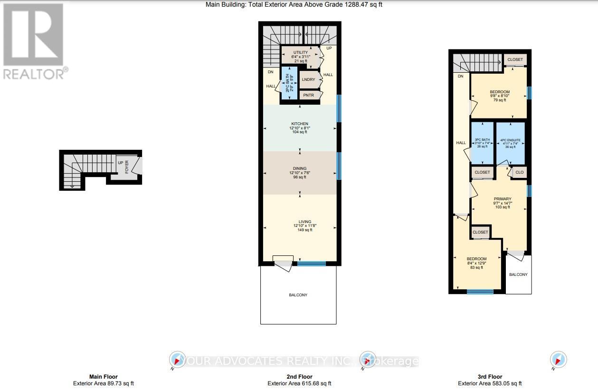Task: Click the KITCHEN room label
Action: [x=299, y=127]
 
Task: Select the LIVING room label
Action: [x=304, y=225]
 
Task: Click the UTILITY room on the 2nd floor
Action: [x=300, y=56]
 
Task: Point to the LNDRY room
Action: [x=308, y=79]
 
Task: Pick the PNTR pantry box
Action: [x=309, y=95]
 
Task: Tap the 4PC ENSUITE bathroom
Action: [x=510, y=143]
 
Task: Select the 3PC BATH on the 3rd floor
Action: [x=482, y=143]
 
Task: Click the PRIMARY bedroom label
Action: [x=502, y=203]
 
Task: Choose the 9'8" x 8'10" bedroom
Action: [x=499, y=96]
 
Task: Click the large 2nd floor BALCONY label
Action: [x=298, y=295]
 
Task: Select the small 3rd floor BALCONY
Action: [x=518, y=274]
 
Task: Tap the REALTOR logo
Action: [x=33, y=40]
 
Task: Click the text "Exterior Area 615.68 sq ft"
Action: [x=299, y=383]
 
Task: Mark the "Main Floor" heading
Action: [x=104, y=377]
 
